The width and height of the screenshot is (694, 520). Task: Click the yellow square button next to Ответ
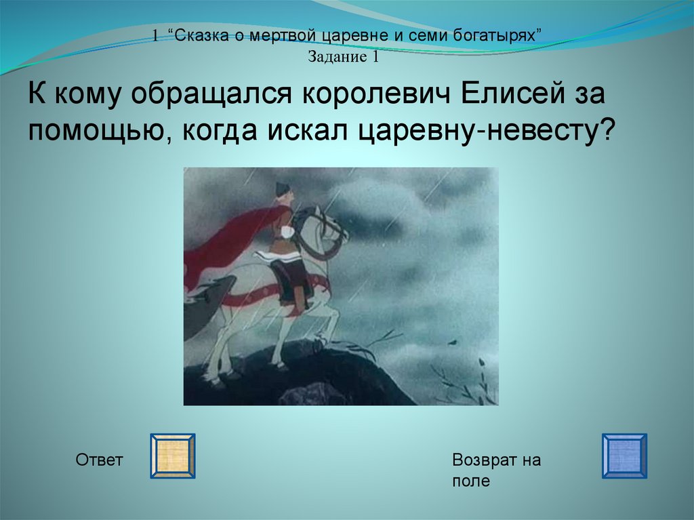(173, 456)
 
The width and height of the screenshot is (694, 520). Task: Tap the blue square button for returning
(624, 456)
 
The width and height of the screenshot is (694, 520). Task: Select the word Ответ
(99, 460)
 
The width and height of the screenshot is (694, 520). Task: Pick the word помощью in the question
(98, 132)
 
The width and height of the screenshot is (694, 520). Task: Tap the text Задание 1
(344, 57)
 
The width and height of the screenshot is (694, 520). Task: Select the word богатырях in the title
(495, 35)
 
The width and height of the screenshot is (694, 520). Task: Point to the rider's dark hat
(282, 189)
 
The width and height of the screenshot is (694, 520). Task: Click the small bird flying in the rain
(452, 342)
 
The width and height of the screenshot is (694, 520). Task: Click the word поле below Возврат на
(471, 481)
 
